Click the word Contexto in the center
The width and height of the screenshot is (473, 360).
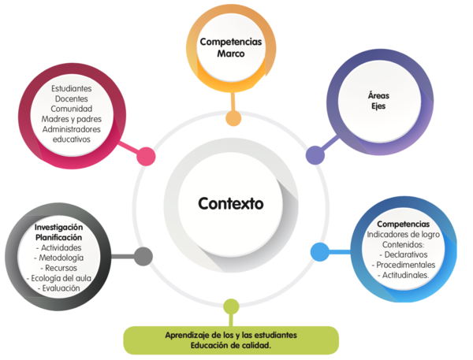pos(231,202)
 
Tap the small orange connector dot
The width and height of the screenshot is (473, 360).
pos(233,118)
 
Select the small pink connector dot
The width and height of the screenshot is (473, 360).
pos(146,156)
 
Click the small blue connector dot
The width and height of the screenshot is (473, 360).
pos(319,251)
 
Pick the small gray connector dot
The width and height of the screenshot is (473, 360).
pos(143,255)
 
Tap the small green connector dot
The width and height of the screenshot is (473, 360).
pos(231,306)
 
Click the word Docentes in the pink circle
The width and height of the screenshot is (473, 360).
pos(71,98)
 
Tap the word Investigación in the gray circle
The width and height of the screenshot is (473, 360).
pos(59,227)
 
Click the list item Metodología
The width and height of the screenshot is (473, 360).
pos(60,258)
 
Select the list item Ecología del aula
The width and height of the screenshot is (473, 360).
pos(59,278)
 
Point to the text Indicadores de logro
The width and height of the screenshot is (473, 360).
pos(403,235)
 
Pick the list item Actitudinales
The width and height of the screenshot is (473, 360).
pos(404,276)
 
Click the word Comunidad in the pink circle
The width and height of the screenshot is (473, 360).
pos(72,109)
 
